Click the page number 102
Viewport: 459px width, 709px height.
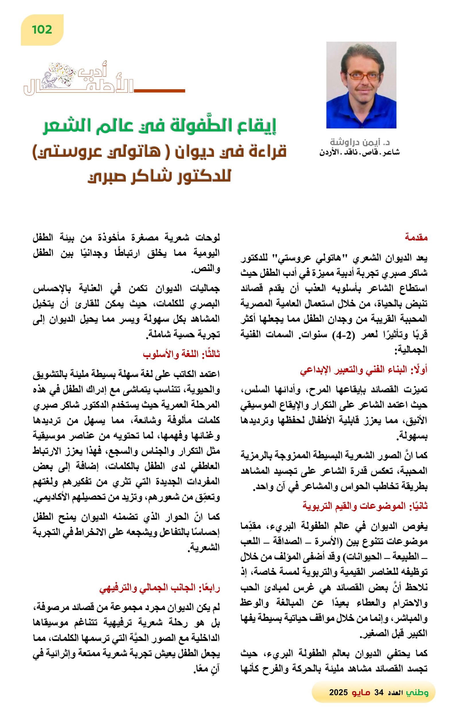pyautogui.click(x=42, y=30)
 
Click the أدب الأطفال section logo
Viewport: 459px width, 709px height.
pyautogui.click(x=79, y=79)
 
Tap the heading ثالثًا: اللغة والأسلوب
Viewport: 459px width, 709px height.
pyautogui.click(x=181, y=355)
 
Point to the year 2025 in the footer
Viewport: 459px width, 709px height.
pyautogui.click(x=338, y=692)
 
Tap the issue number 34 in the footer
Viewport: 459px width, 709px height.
pyautogui.click(x=379, y=692)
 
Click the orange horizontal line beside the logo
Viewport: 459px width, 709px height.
pyautogui.click(x=159, y=90)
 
